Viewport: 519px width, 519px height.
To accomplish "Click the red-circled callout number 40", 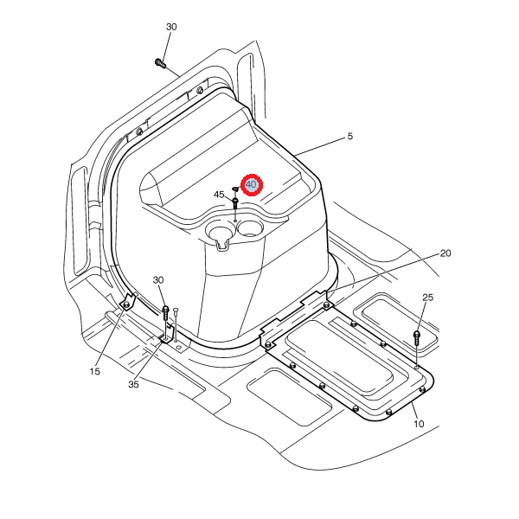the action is (x=251, y=184).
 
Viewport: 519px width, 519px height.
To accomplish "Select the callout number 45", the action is (x=219, y=195).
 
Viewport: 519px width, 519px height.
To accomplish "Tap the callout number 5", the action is (x=349, y=136).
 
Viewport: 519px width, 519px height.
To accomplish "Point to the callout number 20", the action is (x=445, y=253).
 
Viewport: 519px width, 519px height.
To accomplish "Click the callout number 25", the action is (x=427, y=298).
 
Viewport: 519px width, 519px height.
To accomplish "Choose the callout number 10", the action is (x=419, y=424).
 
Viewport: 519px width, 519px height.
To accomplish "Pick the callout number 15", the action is (x=94, y=371).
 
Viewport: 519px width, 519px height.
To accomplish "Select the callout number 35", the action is (x=133, y=384).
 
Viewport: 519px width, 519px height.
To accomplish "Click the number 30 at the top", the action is (x=171, y=27).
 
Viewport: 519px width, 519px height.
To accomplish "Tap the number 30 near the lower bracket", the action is (x=158, y=280).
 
